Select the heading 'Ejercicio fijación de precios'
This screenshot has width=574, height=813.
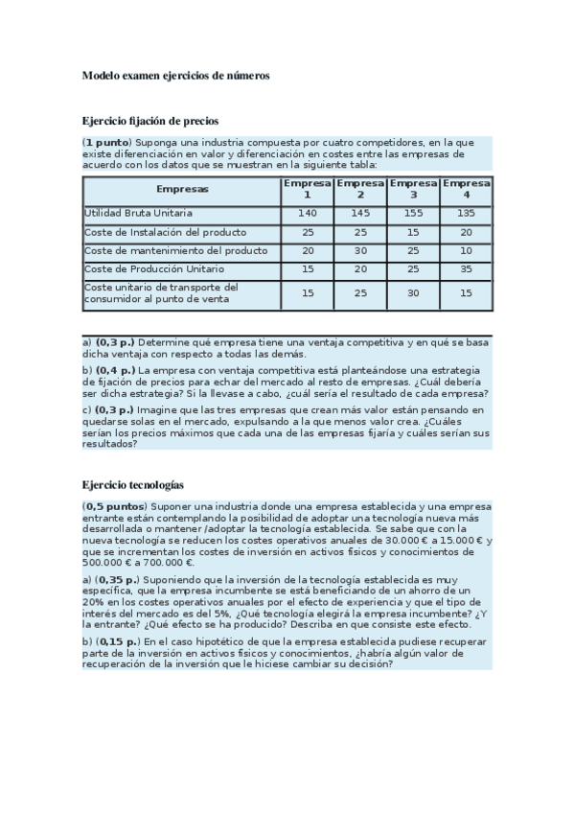150,121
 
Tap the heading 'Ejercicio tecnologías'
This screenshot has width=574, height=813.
132,486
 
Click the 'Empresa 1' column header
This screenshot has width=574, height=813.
307,189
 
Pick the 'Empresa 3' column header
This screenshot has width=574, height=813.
414,189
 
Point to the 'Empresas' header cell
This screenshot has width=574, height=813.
182,189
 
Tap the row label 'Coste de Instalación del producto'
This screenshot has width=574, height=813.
165,232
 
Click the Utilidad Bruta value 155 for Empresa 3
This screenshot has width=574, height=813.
414,213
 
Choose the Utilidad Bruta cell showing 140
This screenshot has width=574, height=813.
307,213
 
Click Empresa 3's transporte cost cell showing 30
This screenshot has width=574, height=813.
414,293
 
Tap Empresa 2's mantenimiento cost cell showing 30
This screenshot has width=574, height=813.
360,250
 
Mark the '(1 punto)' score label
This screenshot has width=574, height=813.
106,142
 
